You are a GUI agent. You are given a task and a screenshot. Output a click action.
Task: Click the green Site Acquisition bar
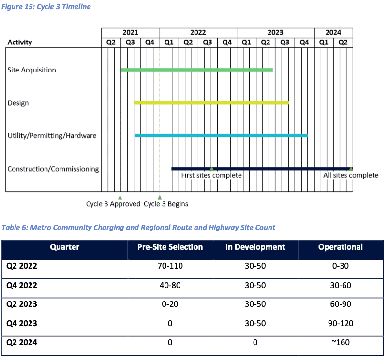tap(197, 70)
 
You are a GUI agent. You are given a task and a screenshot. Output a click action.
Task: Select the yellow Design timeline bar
tap(211, 103)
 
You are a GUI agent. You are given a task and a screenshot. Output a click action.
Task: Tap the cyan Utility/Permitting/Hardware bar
tap(221, 135)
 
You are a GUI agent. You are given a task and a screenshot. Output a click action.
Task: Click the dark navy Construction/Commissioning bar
tap(262, 169)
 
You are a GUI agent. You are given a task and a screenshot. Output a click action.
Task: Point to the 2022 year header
tap(198, 33)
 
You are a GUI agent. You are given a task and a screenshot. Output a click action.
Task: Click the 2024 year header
tap(333, 33)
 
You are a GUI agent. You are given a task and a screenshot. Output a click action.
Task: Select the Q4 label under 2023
tap(304, 43)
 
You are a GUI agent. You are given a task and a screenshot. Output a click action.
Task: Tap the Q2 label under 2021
tap(111, 43)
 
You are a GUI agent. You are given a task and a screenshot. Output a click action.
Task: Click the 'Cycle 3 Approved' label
tap(113, 204)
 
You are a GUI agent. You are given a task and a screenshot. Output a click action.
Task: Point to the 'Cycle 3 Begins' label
tap(166, 204)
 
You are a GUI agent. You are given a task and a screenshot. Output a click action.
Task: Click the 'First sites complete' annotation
tap(211, 175)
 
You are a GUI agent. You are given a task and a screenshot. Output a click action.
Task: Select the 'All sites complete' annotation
tap(351, 175)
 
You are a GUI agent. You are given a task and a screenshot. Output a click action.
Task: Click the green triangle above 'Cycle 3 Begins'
tap(160, 197)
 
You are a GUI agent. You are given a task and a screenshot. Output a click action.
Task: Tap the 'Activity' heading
tap(20, 43)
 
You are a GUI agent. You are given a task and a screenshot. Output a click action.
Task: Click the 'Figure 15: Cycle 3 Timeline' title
tap(46, 6)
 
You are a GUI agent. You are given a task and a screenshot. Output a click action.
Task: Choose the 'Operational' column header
tap(341, 247)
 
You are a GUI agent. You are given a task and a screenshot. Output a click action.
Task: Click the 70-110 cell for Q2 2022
tap(170, 266)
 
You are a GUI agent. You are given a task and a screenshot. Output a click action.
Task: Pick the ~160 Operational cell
tap(341, 342)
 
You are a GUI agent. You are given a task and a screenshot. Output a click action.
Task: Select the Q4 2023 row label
tap(22, 323)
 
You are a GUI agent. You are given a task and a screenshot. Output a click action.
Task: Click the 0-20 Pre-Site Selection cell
tap(170, 304)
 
